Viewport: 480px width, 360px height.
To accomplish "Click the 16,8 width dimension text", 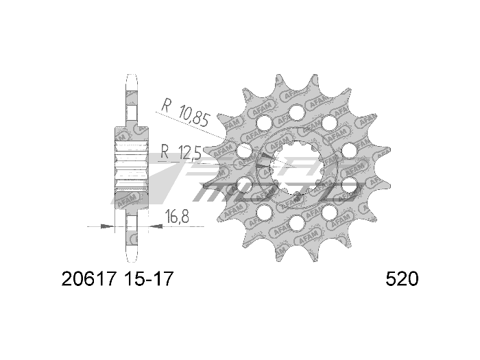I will [178, 218].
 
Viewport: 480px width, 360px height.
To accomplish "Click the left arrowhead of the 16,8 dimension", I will [110, 225].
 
